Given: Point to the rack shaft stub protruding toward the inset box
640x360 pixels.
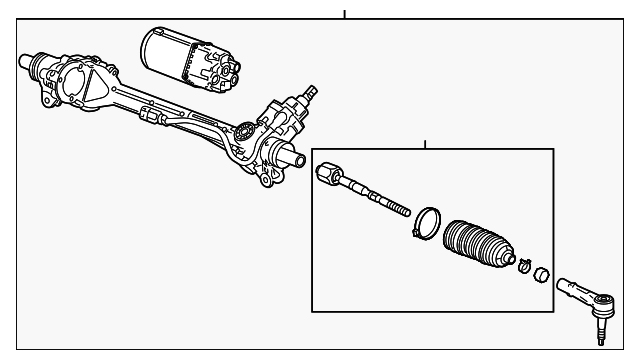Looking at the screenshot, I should (297, 160).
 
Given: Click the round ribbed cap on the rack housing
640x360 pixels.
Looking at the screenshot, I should (244, 130).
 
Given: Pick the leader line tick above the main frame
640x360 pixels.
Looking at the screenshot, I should (343, 13).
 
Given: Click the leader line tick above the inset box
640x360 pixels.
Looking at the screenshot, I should (424, 144).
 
